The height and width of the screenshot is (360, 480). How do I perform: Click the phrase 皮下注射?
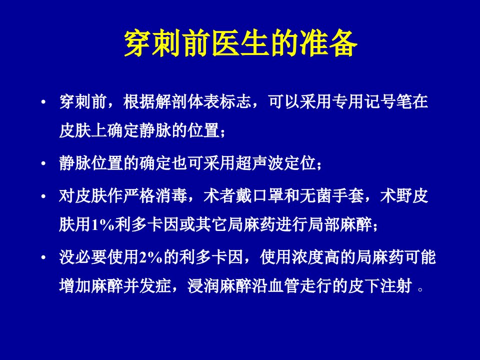(x=380, y=286)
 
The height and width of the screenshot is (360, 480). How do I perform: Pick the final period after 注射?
(x=420, y=289)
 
